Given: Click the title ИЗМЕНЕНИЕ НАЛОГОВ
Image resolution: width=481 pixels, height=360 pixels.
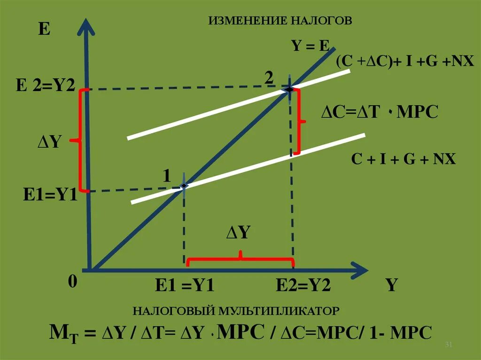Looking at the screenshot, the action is coord(280,21).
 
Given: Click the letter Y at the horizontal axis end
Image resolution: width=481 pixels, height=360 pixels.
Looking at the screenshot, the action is coord(392,285).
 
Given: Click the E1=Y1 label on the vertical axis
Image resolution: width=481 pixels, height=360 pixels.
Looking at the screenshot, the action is coord(50,194).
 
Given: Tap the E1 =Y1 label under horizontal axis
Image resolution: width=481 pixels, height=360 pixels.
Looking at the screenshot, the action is coord(185,285).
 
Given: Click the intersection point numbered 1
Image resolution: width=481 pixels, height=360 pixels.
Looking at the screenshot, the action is coord(184,186).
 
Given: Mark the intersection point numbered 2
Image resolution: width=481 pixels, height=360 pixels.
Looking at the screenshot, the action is coord(290,89).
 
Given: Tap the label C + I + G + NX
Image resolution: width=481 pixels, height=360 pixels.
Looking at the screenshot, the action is coord(404,159).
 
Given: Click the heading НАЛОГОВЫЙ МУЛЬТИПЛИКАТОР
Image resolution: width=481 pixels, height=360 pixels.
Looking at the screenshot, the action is coord(235,311).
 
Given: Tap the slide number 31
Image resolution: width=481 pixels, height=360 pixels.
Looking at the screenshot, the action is coord(448,345).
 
